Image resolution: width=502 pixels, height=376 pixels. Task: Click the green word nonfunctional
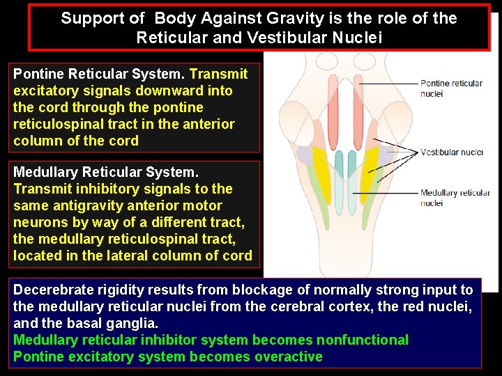pyautogui.click(x=363, y=340)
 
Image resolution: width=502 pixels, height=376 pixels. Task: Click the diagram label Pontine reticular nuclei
pyautogui.click(x=451, y=88)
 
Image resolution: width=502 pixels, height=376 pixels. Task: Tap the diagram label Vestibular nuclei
pyautogui.click(x=451, y=152)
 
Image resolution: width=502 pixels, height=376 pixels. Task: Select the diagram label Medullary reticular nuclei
pyautogui.click(x=455, y=198)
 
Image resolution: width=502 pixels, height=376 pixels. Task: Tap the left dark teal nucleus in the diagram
pyautogui.click(x=339, y=165)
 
